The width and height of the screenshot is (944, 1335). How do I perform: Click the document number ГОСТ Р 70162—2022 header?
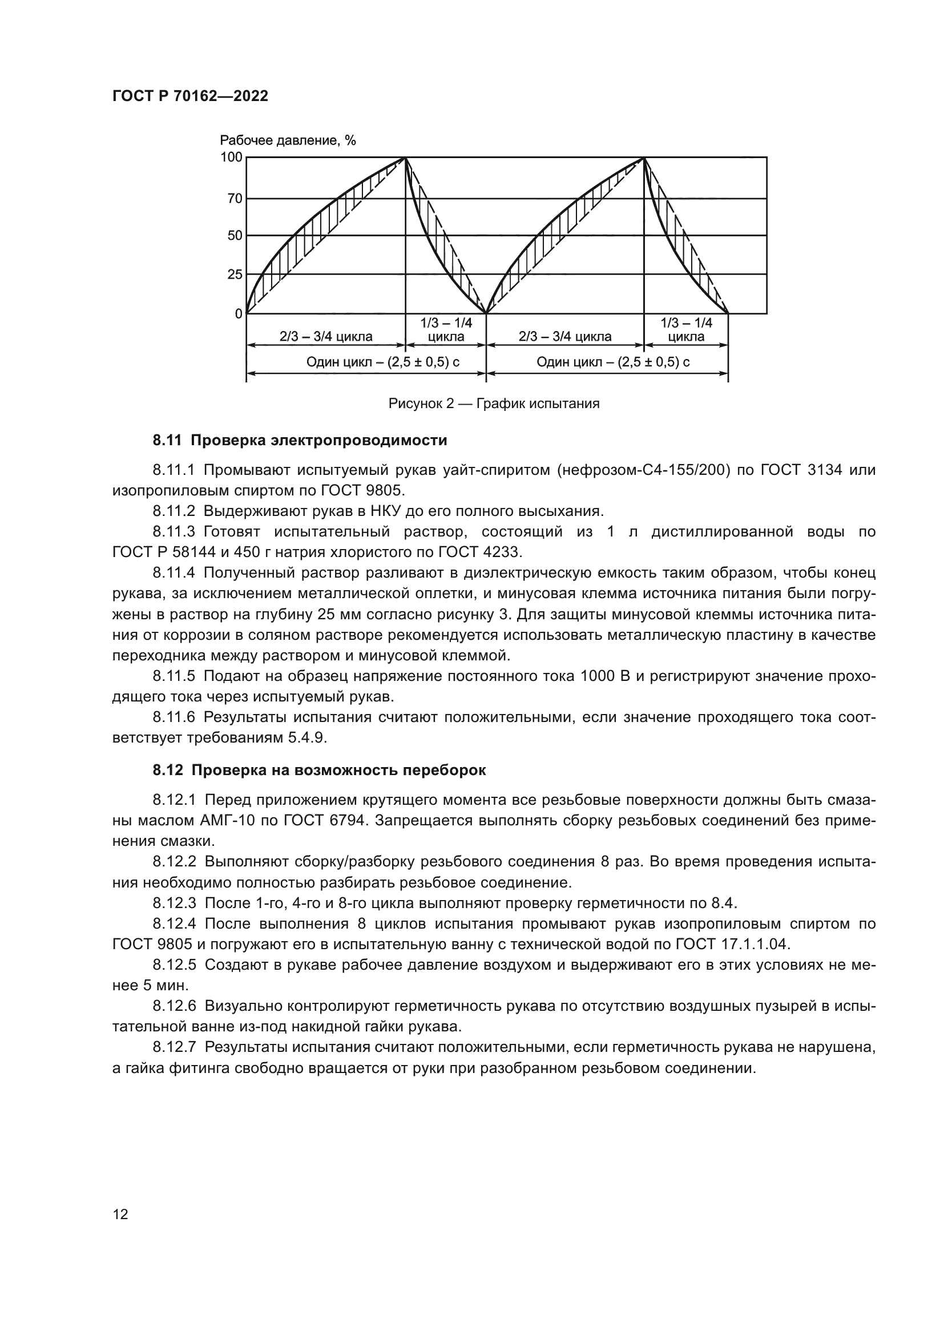[x=190, y=96]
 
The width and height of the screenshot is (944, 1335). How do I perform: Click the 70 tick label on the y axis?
[x=235, y=199]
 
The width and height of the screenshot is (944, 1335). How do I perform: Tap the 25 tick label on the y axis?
[x=235, y=275]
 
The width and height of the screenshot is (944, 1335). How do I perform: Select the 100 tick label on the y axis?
[x=231, y=157]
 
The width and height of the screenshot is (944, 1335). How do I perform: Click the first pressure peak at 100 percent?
[x=405, y=158]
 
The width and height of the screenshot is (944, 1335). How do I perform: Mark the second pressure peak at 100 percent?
[x=643, y=158]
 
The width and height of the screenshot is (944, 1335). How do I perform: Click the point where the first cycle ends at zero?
[x=486, y=314]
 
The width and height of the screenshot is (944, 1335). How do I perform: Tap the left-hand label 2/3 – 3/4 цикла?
[x=325, y=337]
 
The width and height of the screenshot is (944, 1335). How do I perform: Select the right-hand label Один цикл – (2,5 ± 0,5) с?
[x=612, y=362]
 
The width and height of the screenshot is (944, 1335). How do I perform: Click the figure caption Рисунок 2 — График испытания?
[x=494, y=404]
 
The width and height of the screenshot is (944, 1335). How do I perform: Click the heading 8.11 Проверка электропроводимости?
[x=300, y=440]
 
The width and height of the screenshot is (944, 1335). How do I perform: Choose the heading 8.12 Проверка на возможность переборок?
[x=319, y=771]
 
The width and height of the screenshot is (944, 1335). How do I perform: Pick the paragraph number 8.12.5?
[x=175, y=965]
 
